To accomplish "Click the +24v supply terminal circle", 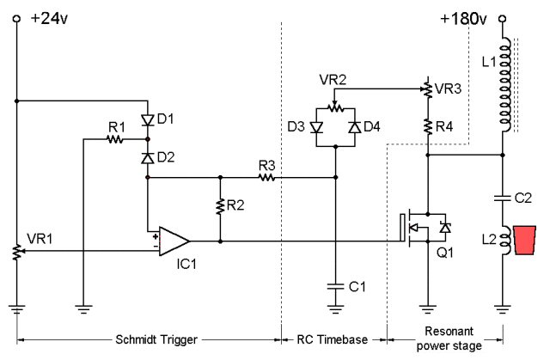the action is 16,19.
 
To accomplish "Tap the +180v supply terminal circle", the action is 502,19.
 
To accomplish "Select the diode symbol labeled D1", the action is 148,120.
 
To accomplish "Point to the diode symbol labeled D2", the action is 148,158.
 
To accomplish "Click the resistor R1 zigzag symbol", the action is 115,139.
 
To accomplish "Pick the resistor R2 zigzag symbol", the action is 220,206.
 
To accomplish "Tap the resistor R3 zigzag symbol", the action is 266,177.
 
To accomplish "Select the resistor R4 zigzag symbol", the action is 428,126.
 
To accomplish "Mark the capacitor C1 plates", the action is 335,286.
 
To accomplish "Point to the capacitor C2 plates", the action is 502,198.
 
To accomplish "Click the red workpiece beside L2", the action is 525,240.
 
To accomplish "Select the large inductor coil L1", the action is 504,84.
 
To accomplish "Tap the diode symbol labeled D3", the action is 316,127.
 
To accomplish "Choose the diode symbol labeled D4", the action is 355,127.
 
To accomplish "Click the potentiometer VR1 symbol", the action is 17,252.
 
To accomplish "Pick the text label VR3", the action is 448,88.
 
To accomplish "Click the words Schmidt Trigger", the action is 156,339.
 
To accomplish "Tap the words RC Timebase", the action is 333,339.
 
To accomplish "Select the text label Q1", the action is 445,253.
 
